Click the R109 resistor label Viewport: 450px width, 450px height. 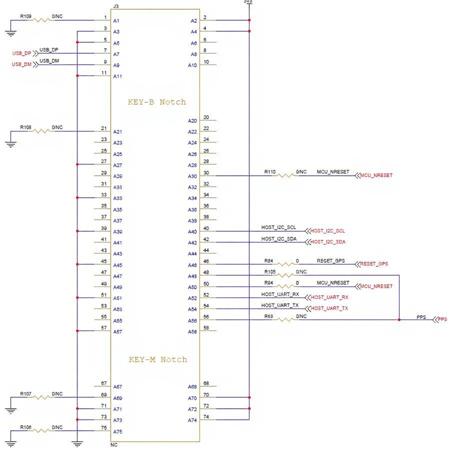click(25, 16)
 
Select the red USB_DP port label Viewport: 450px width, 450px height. click(21, 53)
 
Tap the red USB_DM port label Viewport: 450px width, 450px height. click(21, 64)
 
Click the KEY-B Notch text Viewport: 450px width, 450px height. click(157, 102)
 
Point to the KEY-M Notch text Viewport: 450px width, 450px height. click(157, 359)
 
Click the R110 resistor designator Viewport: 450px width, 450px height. click(270, 171)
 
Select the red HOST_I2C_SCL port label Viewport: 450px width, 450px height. click(327, 231)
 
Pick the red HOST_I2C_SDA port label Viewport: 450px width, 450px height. click(327, 242)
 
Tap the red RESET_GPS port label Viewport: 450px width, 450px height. click(374, 264)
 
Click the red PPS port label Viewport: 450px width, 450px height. click(442, 319)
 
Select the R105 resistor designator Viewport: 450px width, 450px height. click(270, 271)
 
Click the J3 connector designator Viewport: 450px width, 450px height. click(116, 6)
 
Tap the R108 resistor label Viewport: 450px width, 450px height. click(25, 127)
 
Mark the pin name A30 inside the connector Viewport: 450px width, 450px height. click(192, 176)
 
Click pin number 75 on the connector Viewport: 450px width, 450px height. click(104, 428)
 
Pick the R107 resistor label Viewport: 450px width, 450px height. click(25, 394)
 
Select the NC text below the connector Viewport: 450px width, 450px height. click(114, 444)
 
